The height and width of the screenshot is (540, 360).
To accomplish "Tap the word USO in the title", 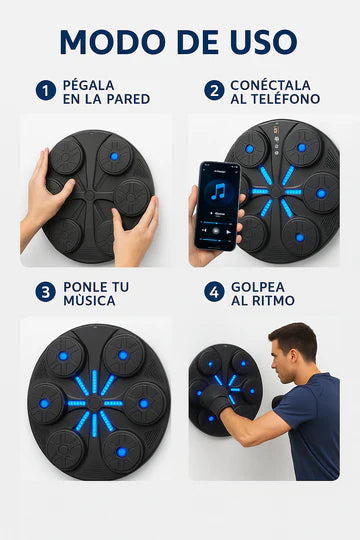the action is (x=264, y=42).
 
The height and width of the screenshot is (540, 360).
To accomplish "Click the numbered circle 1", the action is (x=46, y=91).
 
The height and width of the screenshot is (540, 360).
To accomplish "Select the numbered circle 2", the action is (x=214, y=91).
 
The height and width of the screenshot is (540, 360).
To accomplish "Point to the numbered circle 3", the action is (x=45, y=292).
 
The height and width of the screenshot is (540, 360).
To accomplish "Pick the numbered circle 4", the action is (x=214, y=292).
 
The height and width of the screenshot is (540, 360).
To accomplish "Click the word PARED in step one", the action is (x=128, y=99).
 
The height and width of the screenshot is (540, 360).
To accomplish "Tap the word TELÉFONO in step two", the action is (x=285, y=99).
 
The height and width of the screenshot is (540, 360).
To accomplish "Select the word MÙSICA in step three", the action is (x=89, y=300).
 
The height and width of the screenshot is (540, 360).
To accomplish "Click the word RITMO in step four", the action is (x=273, y=301).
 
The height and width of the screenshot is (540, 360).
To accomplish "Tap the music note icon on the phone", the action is (x=218, y=192).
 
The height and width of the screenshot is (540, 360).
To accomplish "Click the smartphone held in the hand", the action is (x=217, y=206).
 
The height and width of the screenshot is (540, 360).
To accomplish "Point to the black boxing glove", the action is (x=215, y=399).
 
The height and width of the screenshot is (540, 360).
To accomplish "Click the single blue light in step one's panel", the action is (x=114, y=156).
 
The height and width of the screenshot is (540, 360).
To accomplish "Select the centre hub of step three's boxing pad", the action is (x=94, y=403).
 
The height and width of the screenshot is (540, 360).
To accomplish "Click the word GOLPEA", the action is (x=258, y=287).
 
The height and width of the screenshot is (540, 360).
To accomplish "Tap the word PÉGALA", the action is (x=89, y=85).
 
